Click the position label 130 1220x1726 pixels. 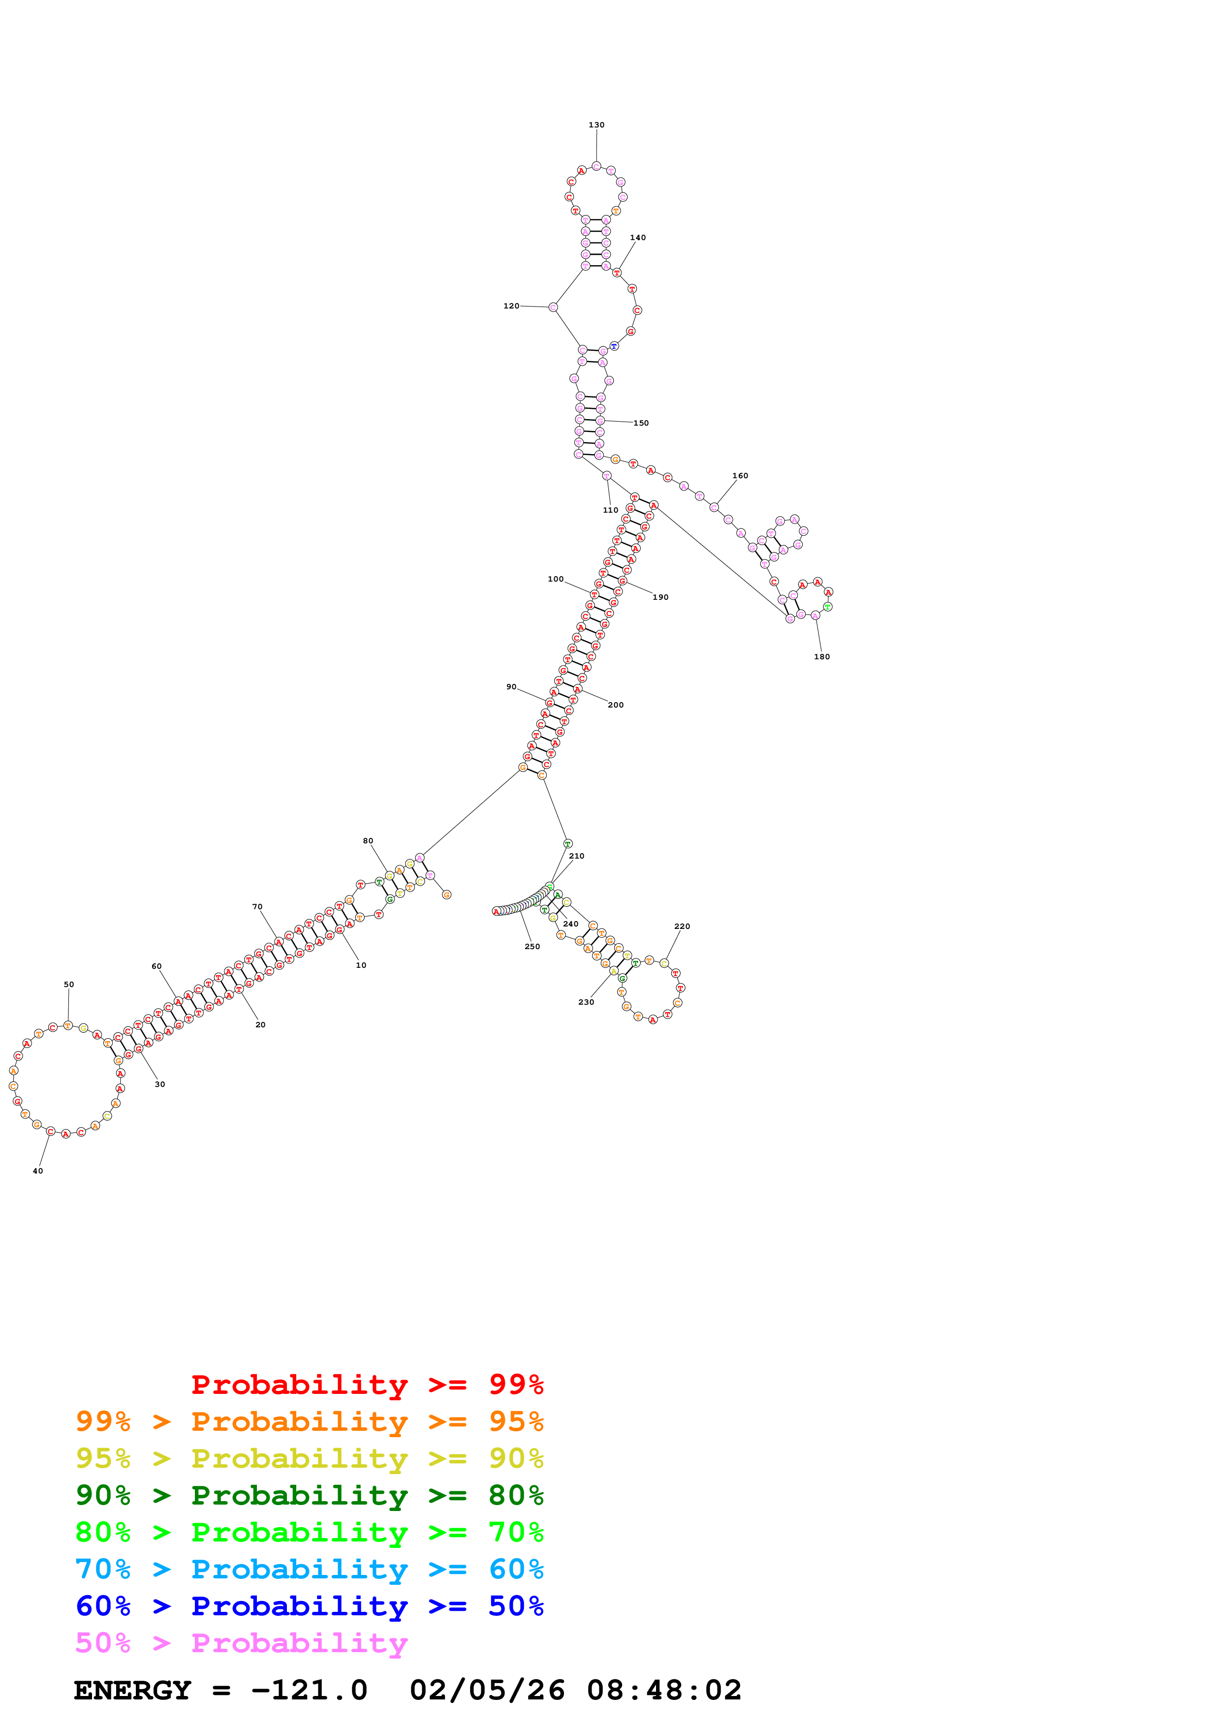point(596,125)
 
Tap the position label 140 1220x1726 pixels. point(637,238)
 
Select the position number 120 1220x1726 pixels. point(511,306)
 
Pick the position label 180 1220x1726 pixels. point(821,657)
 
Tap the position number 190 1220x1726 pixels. point(660,598)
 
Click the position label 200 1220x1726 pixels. point(616,705)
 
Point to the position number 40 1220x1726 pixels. point(37,1171)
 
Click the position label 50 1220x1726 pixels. point(68,985)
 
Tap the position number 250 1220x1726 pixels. point(532,947)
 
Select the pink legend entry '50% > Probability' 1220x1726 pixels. point(241,1643)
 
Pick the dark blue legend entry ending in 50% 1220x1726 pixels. point(310,1606)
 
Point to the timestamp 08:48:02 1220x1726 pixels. point(664,1691)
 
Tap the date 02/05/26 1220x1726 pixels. point(487,1691)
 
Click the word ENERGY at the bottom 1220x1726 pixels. point(132,1691)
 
